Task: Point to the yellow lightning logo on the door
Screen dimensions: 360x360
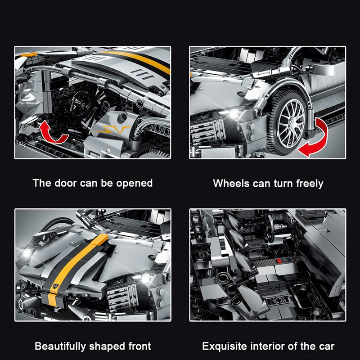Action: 112,131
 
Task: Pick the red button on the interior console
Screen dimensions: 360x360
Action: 279,261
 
